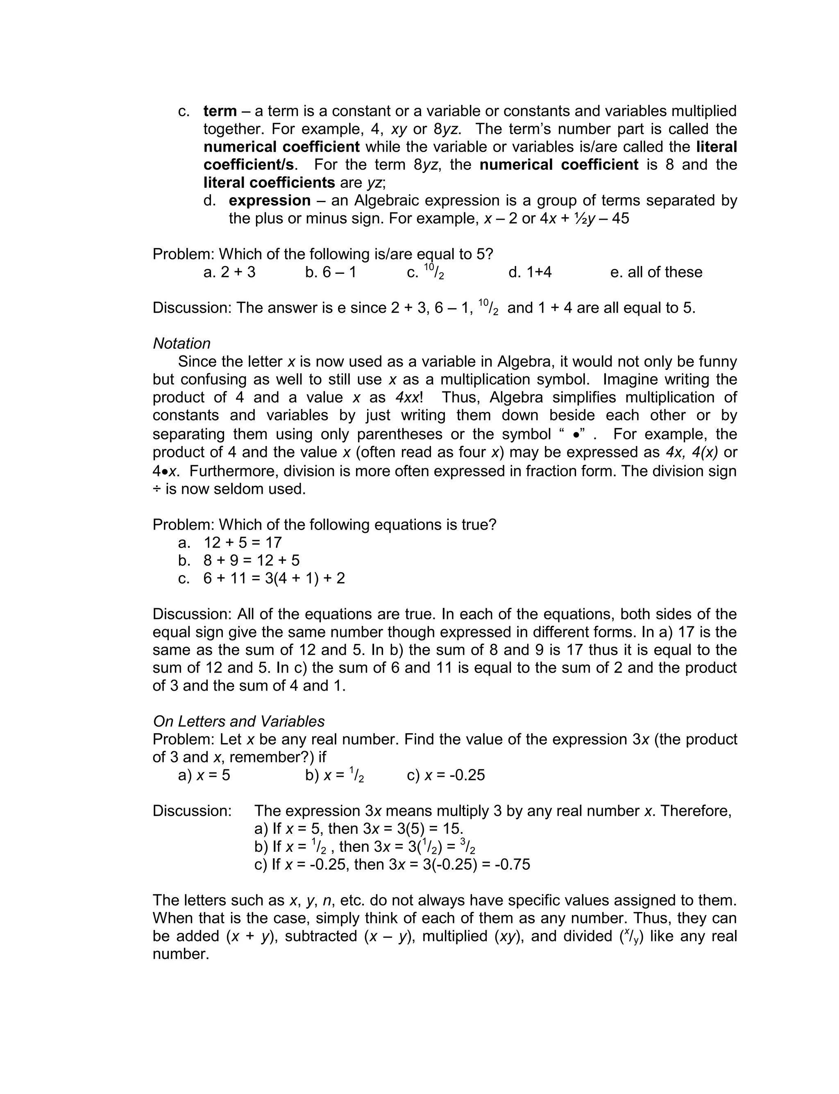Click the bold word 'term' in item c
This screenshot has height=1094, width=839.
click(x=220, y=111)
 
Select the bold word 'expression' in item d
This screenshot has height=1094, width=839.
click(x=270, y=200)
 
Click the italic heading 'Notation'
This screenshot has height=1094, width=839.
click(x=181, y=343)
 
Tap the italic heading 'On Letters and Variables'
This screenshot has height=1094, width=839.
click(x=239, y=721)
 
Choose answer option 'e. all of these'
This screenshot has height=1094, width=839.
click(x=656, y=272)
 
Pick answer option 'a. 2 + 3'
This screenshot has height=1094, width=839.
click(x=229, y=272)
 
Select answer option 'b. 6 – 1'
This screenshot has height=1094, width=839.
click(x=331, y=272)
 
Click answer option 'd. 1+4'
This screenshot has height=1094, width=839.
click(x=530, y=272)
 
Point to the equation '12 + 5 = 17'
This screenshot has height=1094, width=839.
click(x=243, y=543)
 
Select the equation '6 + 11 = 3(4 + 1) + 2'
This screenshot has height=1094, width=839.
click(x=274, y=578)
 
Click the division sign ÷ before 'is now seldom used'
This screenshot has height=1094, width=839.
click(x=157, y=489)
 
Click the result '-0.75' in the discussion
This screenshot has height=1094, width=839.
click(x=512, y=865)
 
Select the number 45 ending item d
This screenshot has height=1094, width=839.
click(x=620, y=219)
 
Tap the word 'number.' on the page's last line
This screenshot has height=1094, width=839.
click(x=181, y=954)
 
